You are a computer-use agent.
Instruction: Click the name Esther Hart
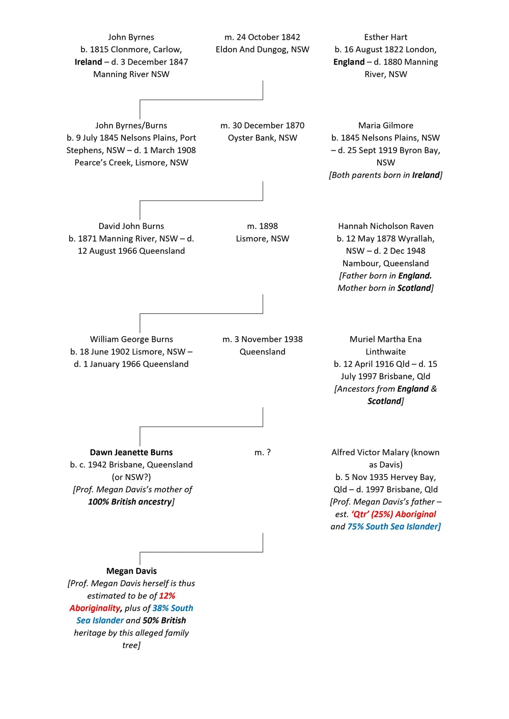[385, 37]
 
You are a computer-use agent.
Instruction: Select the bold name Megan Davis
[131, 571]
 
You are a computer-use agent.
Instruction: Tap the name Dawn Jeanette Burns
[131, 452]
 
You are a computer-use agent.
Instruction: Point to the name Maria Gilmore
[386, 126]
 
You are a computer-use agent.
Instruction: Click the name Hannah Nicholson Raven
[386, 226]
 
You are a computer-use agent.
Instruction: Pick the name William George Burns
[131, 339]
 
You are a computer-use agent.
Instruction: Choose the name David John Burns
[131, 226]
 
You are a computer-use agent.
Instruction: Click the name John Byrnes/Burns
[131, 126]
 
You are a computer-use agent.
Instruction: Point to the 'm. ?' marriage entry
[263, 452]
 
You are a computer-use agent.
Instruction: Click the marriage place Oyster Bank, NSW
[263, 138]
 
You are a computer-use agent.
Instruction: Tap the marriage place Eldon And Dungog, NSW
[263, 50]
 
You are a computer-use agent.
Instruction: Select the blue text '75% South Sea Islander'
[393, 527]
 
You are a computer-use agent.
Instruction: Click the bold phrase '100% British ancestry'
[130, 502]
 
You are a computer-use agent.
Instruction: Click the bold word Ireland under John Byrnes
[89, 62]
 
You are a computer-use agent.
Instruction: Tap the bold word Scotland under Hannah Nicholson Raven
[414, 288]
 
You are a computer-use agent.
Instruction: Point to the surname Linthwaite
[386, 352]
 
